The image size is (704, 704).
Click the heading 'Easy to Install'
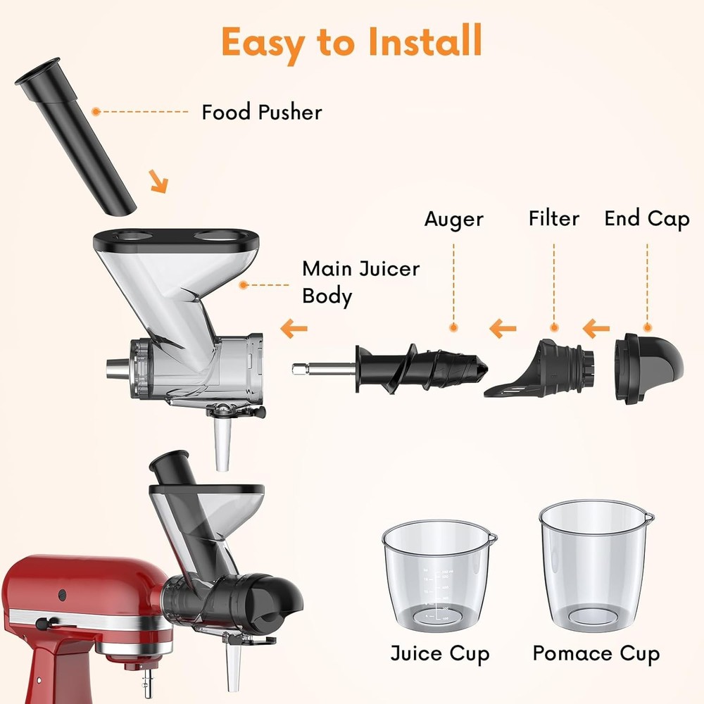tap(351, 42)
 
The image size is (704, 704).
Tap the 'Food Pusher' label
tap(262, 112)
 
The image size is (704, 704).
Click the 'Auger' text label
tap(454, 220)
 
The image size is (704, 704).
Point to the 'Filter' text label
tap(554, 219)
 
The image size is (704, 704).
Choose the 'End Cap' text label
tap(647, 219)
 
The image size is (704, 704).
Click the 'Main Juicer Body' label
tap(360, 282)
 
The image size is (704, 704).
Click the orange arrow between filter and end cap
tap(596, 327)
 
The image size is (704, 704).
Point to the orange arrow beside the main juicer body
tap(294, 327)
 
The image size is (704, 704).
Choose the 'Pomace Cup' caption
tap(596, 653)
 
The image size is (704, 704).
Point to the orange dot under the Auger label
tap(454, 327)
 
